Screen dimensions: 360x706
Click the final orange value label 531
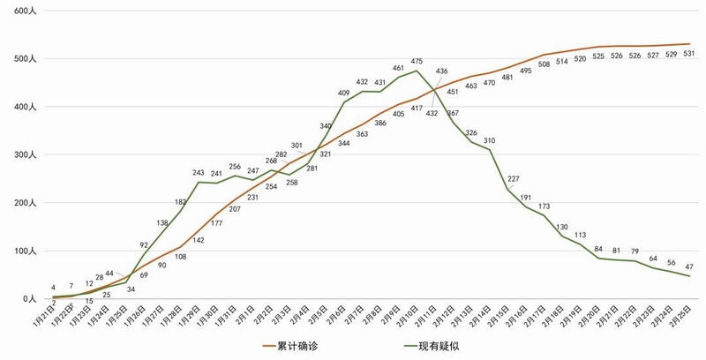point(688,54)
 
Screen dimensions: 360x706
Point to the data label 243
point(199,172)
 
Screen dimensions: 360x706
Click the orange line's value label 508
point(544,64)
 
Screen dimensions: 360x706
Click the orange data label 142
point(199,240)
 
